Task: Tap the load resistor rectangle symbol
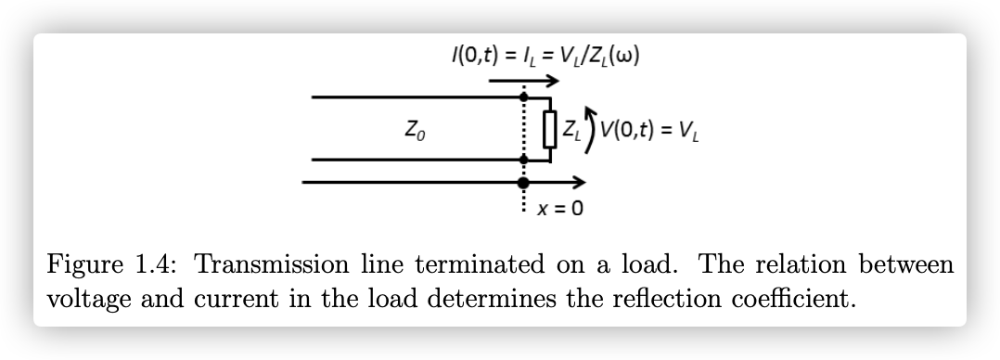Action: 550,128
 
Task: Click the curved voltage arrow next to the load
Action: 590,129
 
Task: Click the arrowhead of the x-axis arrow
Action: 580,181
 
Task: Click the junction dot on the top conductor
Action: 524,96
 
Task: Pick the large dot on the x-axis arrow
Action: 524,181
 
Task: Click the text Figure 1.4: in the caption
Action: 120,264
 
